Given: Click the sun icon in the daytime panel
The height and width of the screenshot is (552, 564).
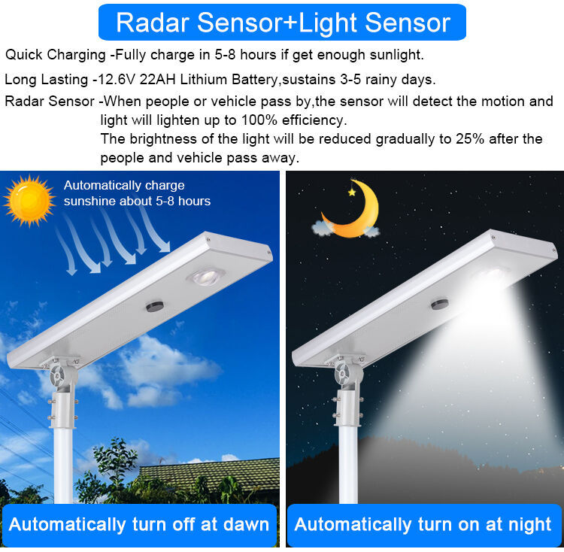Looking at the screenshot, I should [29, 200].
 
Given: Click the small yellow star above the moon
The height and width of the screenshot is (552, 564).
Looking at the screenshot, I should [351, 193].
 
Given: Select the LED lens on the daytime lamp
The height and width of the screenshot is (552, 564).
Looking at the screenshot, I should [206, 276].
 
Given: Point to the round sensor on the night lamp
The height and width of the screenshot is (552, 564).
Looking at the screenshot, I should [439, 304].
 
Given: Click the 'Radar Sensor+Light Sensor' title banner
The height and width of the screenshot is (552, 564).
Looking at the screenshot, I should [282, 23].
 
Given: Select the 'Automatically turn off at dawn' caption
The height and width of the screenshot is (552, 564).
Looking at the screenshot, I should [139, 524].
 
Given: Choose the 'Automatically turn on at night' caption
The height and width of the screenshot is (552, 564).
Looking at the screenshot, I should [423, 524].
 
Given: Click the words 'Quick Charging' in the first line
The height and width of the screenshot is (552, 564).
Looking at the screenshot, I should [56, 55].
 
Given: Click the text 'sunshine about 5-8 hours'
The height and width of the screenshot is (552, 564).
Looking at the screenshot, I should [137, 201].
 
